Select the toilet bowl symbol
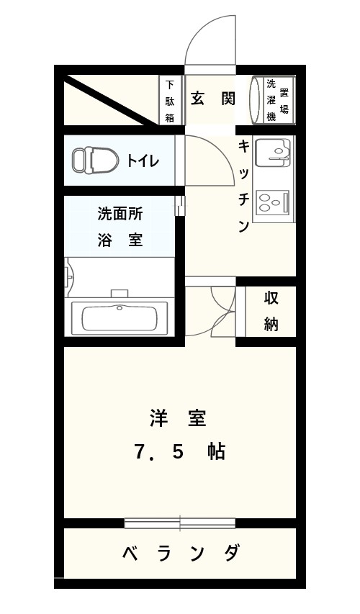pos(96,160)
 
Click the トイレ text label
pos(143,161)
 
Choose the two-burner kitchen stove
pos(273,202)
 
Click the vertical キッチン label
pos(243,186)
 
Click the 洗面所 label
pos(120,215)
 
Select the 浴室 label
pos(120,239)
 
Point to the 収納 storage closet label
pos(271,311)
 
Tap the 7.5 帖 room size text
pos(179,452)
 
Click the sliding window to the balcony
pos(180,523)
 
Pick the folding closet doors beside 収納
pos(224,311)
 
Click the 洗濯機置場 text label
pos(277,99)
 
